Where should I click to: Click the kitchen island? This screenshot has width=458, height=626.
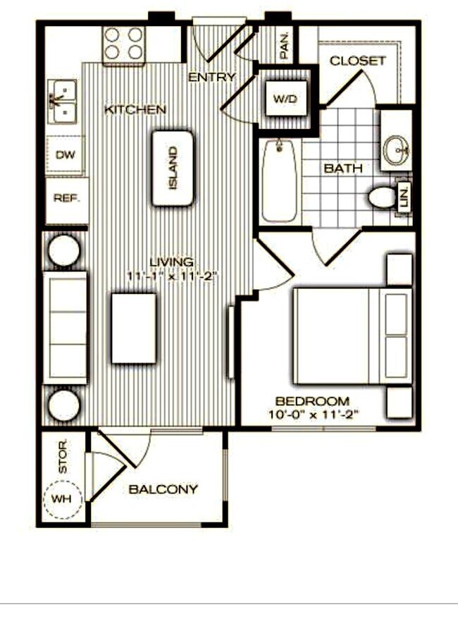click(172, 168)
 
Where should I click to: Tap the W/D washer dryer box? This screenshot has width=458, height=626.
click(285, 99)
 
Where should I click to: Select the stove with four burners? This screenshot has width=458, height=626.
click(123, 44)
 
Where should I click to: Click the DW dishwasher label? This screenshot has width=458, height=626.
click(65, 155)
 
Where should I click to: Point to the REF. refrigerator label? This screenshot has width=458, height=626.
click(67, 199)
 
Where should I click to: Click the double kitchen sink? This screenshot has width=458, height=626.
click(63, 101)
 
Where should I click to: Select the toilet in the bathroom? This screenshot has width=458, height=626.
click(383, 197)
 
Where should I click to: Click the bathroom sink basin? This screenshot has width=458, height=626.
click(396, 149)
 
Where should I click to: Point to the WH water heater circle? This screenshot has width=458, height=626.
click(63, 499)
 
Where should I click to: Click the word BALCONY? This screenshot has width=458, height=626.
click(163, 489)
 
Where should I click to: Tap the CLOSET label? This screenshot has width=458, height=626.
click(358, 61)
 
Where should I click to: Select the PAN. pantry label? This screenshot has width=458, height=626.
click(285, 45)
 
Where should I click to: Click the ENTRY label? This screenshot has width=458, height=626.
click(211, 77)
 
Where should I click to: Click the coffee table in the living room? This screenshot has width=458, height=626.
click(134, 329)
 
